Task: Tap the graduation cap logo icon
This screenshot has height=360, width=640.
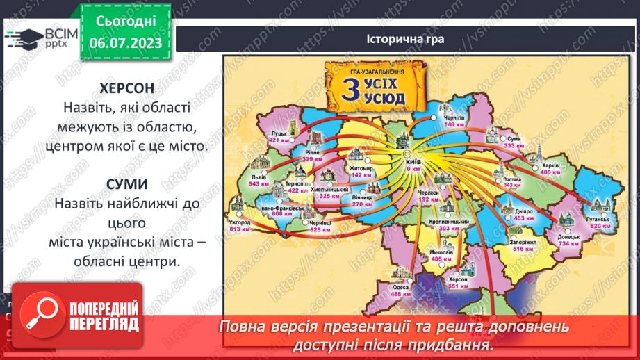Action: (x=22, y=37)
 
